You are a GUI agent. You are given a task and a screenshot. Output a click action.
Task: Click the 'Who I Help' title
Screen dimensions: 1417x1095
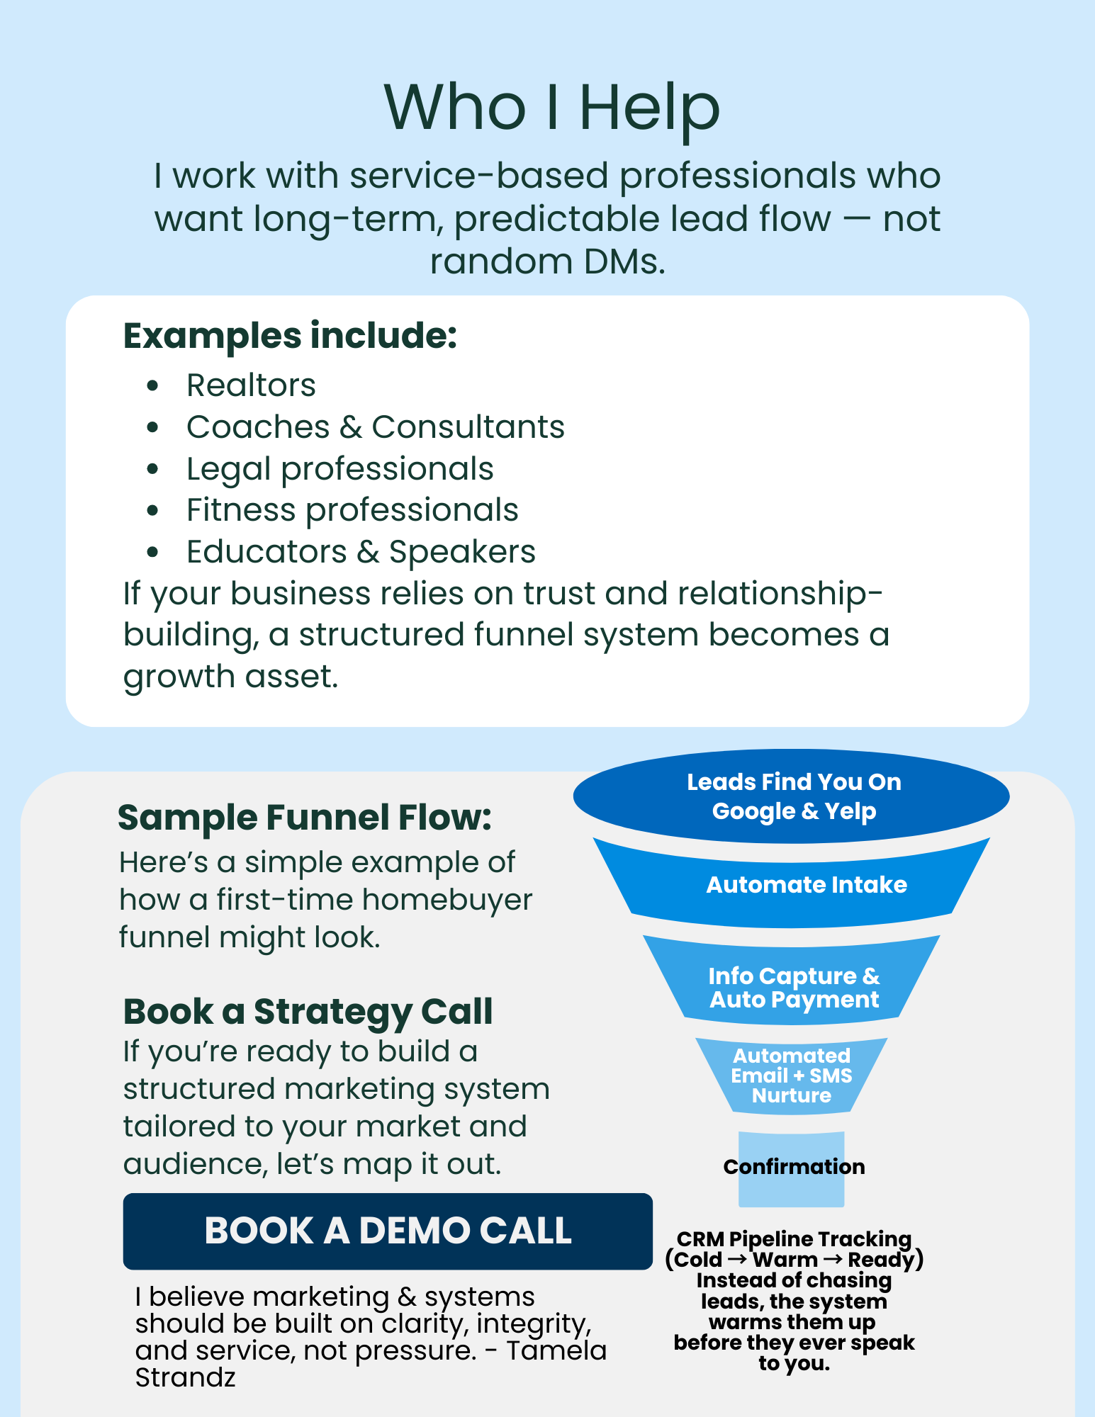pyautogui.click(x=551, y=107)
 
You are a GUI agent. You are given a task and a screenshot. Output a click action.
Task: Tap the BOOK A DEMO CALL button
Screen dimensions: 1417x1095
pyautogui.click(x=388, y=1231)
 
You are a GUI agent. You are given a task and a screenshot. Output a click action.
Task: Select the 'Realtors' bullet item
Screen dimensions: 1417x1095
pyautogui.click(x=251, y=385)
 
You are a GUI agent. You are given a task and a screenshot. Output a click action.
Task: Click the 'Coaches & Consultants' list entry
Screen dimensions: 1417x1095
pyautogui.click(x=375, y=427)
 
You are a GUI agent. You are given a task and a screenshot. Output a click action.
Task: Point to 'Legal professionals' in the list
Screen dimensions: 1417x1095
pyautogui.click(x=339, y=469)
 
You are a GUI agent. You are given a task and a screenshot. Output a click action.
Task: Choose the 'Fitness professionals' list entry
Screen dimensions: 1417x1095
pyautogui.click(x=352, y=510)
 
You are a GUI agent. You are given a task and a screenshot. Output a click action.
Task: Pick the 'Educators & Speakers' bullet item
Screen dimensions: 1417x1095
pyautogui.click(x=361, y=552)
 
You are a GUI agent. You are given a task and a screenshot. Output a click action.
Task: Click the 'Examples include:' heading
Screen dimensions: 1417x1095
pyautogui.click(x=290, y=336)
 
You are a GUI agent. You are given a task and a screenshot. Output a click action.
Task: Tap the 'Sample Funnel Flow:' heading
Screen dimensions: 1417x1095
pyautogui.click(x=304, y=818)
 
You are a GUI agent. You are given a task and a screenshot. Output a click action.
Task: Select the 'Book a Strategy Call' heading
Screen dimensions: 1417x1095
pyautogui.click(x=308, y=1011)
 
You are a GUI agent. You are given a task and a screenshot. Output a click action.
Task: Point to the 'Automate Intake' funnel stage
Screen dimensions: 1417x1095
pyautogui.click(x=806, y=885)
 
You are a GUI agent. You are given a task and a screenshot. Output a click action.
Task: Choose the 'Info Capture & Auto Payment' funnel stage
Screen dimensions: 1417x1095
pyautogui.click(x=793, y=988)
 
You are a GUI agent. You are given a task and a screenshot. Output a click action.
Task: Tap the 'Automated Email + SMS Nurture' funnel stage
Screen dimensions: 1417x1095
pyautogui.click(x=791, y=1076)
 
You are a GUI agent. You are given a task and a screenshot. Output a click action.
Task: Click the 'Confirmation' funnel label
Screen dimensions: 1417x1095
pyautogui.click(x=793, y=1167)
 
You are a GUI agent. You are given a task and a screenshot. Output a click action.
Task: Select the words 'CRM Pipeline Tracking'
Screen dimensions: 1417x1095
pyautogui.click(x=793, y=1239)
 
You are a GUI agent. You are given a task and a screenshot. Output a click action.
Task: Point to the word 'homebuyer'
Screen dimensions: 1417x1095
pyautogui.click(x=447, y=900)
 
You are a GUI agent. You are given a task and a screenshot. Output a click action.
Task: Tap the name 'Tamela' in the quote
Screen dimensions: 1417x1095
pyautogui.click(x=556, y=1351)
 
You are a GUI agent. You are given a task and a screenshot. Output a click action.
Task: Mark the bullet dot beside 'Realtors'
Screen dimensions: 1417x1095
pyautogui.click(x=152, y=386)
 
